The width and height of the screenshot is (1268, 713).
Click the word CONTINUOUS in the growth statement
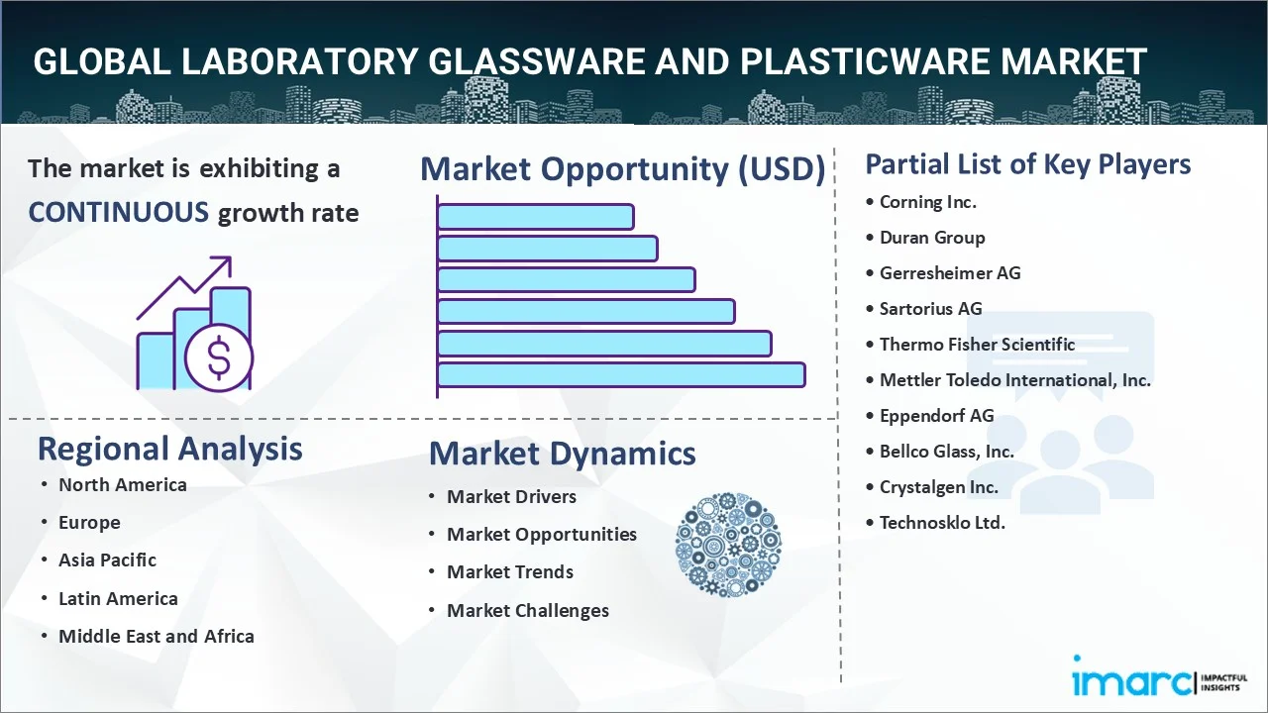[119, 213]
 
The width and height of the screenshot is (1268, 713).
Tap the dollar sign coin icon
[219, 357]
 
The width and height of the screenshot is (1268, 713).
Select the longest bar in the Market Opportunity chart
[621, 375]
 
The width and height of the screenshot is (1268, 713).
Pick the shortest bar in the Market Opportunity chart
[536, 217]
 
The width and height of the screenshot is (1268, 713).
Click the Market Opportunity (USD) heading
[623, 168]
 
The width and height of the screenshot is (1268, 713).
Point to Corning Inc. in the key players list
[928, 202]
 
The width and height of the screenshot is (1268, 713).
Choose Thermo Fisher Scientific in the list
[977, 344]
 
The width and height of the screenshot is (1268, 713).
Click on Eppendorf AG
[937, 416]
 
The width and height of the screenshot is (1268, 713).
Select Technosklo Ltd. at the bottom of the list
[942, 522]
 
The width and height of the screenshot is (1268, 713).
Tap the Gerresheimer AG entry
[950, 273]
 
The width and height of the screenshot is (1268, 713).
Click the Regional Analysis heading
[169, 450]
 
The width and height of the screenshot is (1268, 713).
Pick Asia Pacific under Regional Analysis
[108, 560]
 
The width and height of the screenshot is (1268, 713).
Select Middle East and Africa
[157, 636]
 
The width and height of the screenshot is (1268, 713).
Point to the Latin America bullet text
[118, 599]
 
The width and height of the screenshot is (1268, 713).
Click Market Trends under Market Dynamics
[510, 572]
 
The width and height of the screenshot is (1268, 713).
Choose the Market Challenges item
[528, 611]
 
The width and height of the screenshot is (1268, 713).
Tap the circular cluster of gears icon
[728, 545]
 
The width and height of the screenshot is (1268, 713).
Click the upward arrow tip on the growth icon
[231, 257]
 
